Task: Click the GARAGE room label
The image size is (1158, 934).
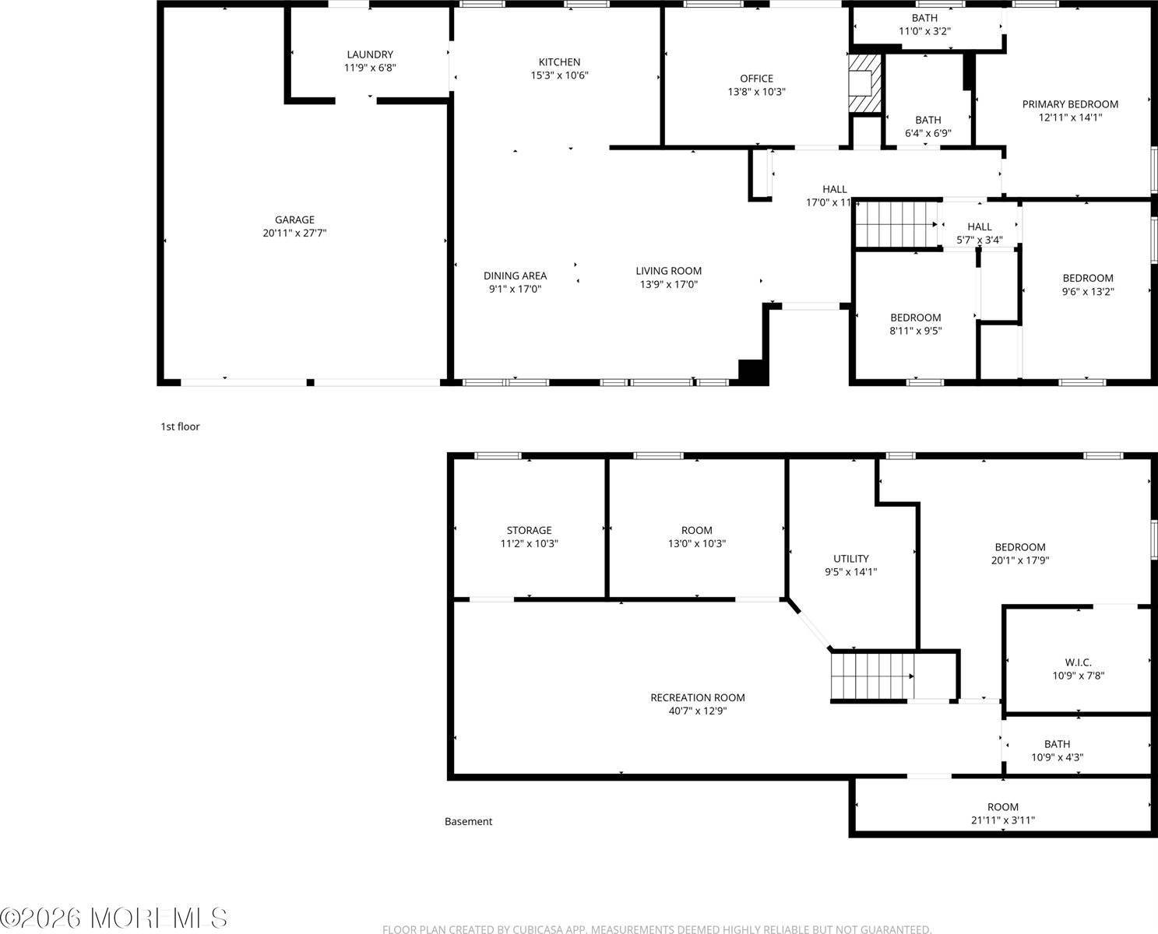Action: pos(294,219)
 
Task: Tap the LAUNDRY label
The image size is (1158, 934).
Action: pos(370,54)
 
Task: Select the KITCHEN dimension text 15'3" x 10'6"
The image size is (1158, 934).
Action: pos(559,75)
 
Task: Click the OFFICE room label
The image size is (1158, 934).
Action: pos(756,79)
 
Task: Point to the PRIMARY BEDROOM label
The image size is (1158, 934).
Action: pos(1070,104)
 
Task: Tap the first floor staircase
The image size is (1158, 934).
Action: pos(896,224)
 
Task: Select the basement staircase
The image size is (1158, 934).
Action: pos(871,676)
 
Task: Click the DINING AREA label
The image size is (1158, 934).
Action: pos(515,276)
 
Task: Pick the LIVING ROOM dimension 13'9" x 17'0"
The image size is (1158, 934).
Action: pos(668,285)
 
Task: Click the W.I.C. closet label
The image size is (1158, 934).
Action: pos(1078,662)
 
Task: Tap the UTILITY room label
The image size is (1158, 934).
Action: pos(850,559)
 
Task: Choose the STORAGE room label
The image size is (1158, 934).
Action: pos(529,531)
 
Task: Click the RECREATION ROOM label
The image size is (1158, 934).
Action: pos(697,697)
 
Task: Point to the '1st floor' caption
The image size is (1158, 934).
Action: pos(180,427)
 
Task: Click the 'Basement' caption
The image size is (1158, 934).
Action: pos(468,821)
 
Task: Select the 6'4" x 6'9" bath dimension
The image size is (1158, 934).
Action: pos(927,133)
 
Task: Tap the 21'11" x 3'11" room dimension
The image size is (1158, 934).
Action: pos(1002,820)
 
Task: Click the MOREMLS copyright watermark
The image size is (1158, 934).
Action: pos(114,918)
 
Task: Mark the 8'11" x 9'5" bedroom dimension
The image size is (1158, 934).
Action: pos(916,331)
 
